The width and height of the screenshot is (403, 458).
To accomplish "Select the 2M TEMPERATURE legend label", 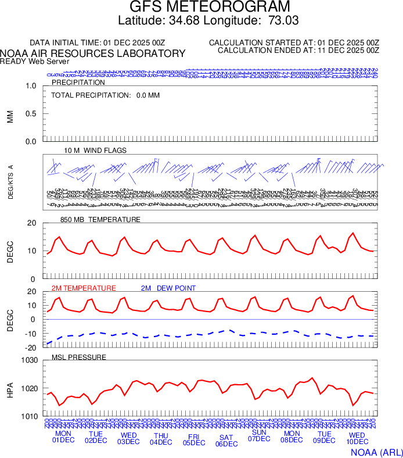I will click(x=84, y=288).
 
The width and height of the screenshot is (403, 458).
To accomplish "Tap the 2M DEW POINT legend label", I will click(x=168, y=288).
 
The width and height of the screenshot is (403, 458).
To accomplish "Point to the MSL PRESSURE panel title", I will click(x=79, y=357).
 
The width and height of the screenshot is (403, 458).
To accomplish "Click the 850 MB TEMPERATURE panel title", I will click(x=100, y=220).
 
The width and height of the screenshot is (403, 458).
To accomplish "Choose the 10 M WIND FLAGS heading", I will click(x=95, y=151).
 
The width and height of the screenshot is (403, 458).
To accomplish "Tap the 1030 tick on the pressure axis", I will click(x=29, y=360).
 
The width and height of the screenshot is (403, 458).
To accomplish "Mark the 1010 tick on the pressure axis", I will click(x=29, y=416).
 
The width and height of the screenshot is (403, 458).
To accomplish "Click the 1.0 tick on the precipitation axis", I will click(x=31, y=86).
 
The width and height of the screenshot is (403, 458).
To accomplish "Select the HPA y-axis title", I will click(x=10, y=388).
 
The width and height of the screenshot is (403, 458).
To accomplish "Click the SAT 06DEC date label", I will click(x=226, y=441).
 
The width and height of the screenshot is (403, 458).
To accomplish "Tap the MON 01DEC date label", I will click(x=63, y=436).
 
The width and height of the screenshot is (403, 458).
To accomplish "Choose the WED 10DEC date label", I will click(x=357, y=438).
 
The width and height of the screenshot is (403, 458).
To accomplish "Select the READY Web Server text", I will click(x=35, y=61).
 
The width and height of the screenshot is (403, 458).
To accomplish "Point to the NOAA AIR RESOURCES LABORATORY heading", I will click(x=93, y=53).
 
